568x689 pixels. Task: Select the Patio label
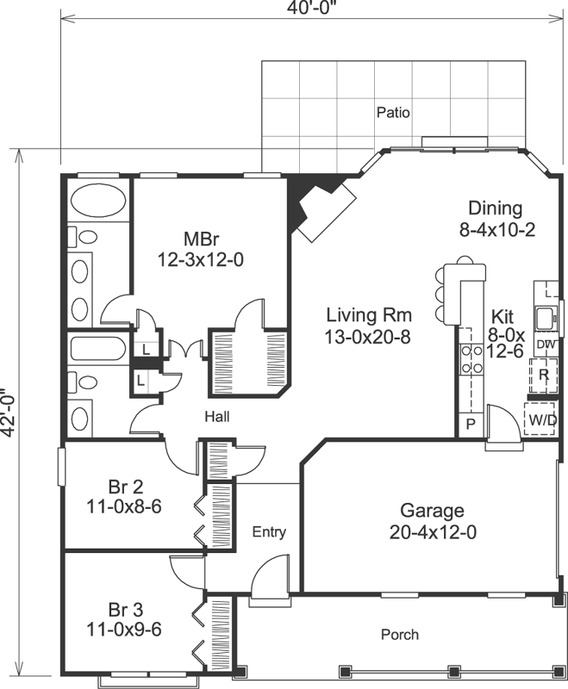tap(393, 112)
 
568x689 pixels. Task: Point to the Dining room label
tap(495, 208)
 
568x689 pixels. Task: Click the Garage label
tap(432, 511)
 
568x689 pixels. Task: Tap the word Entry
tap(268, 532)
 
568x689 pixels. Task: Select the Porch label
tap(400, 635)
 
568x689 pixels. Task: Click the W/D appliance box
tap(541, 420)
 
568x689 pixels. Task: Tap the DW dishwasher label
tap(545, 344)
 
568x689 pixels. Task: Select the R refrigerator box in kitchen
tap(543, 375)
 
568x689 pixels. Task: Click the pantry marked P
tap(471, 425)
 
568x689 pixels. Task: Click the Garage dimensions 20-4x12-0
tap(432, 532)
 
